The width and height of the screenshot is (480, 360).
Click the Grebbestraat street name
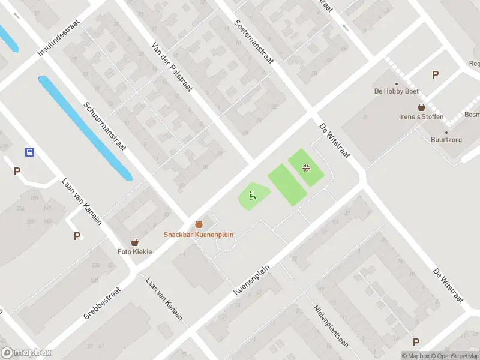(102, 304)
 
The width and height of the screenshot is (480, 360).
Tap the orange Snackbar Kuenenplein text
(199, 235)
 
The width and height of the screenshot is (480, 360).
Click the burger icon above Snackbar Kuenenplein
(199, 224)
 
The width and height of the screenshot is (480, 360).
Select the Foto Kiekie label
(134, 251)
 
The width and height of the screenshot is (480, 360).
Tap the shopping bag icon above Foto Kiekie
(134, 242)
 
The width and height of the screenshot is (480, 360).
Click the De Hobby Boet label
(396, 91)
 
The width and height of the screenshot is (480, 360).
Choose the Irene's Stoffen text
(422, 116)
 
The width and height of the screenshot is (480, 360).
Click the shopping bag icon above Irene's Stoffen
(422, 107)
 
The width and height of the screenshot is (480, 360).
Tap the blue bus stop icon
(29, 152)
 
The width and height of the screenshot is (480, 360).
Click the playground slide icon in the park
(251, 194)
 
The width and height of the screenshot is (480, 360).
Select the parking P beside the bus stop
(17, 171)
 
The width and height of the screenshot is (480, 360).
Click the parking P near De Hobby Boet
(435, 75)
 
